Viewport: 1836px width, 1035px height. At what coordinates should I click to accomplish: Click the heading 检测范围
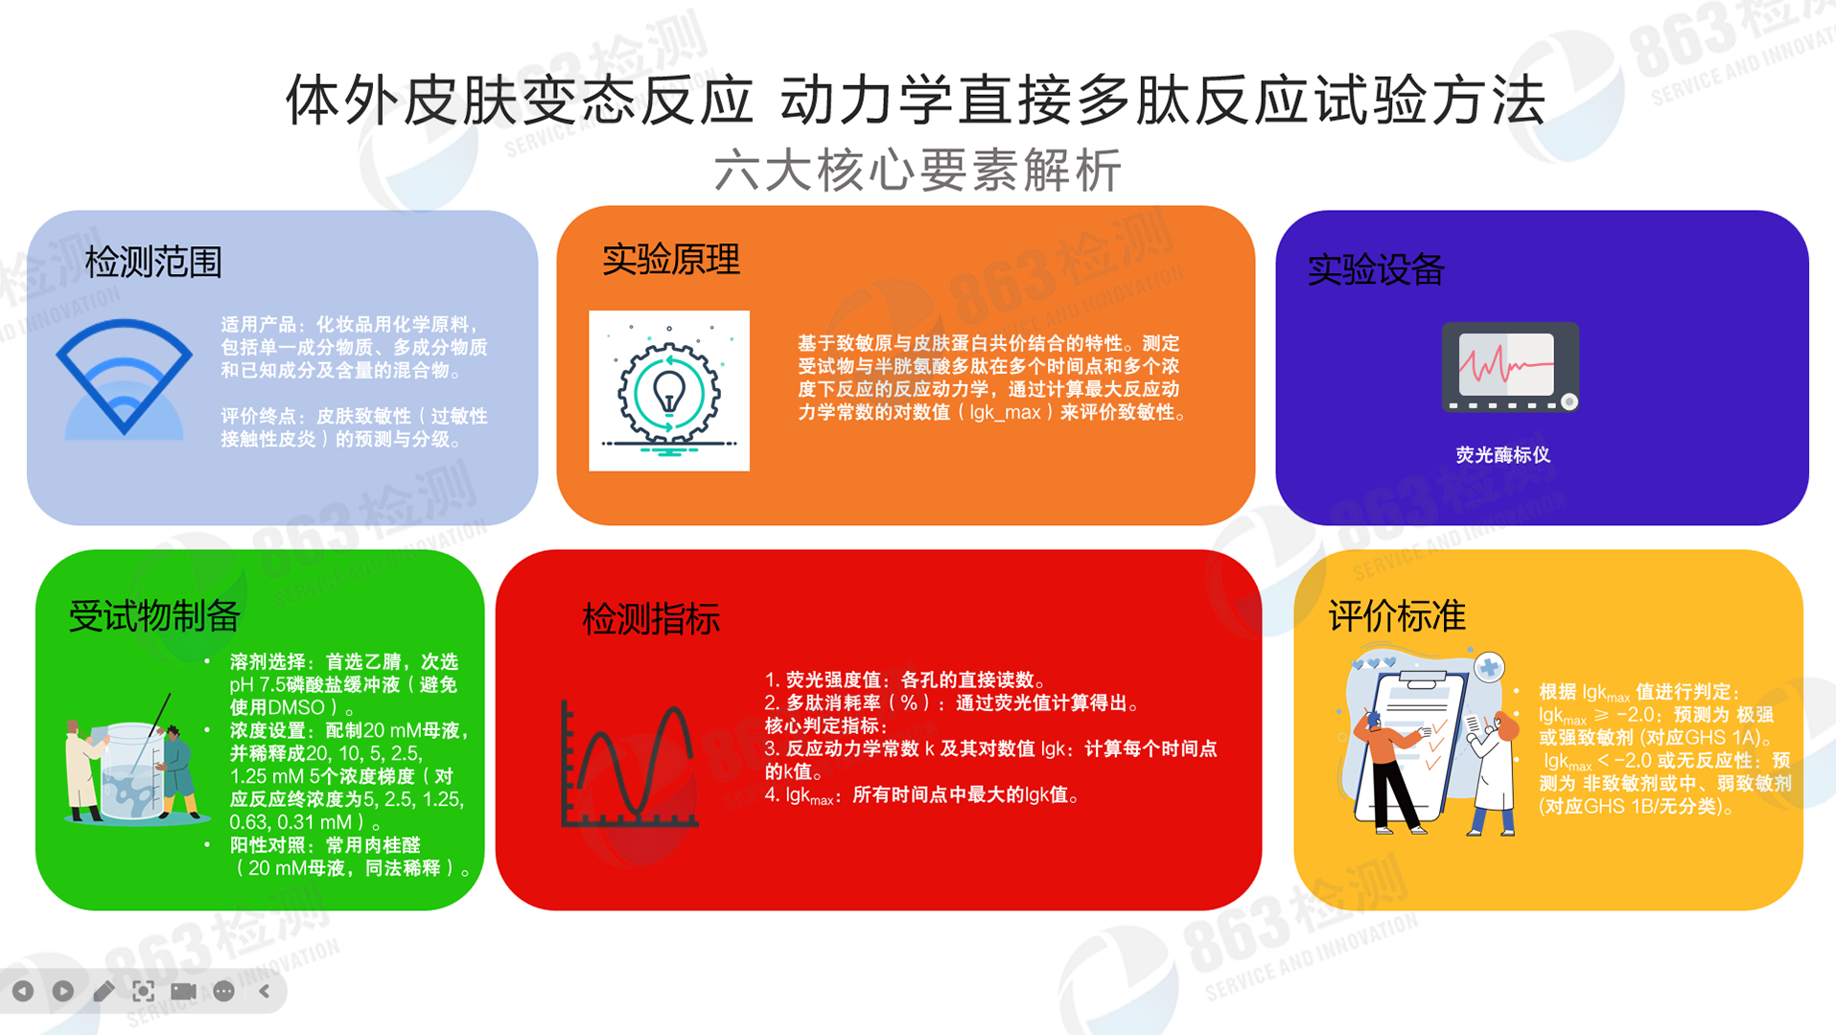coord(153,262)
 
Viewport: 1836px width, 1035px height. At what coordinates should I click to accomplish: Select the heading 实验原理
coord(671,260)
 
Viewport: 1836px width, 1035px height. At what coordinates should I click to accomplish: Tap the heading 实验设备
coord(1376,269)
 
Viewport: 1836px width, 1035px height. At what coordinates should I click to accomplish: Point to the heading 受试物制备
coord(154,616)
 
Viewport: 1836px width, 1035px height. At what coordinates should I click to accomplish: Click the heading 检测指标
coord(651,619)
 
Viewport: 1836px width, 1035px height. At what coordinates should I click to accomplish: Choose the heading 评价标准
coord(1397,616)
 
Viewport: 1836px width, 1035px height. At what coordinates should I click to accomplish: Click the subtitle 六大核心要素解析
coord(918,171)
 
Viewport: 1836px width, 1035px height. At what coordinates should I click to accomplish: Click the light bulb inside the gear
coord(668,391)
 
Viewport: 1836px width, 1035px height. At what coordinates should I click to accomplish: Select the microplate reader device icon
coord(1510,367)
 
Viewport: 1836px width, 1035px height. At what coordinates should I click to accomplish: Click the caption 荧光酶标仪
coord(1502,455)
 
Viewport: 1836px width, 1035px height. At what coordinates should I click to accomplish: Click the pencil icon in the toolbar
coord(104,991)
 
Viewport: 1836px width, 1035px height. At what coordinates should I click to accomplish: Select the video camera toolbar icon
coord(183,991)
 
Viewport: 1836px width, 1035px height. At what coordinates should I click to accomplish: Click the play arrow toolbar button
coord(63,991)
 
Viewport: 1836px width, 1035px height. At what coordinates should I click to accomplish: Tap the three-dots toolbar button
coord(223,991)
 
